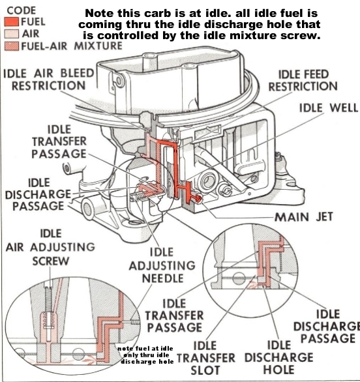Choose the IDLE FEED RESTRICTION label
303,80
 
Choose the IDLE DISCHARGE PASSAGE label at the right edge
325,325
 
